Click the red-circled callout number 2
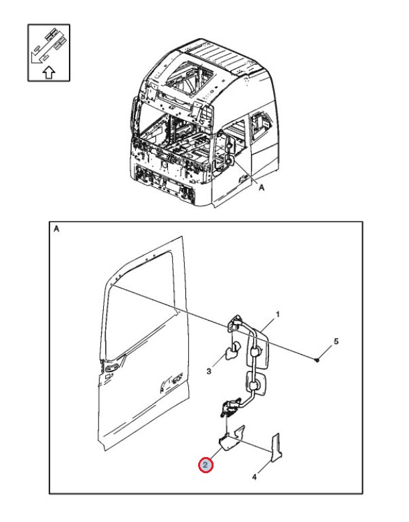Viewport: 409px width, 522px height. point(205,465)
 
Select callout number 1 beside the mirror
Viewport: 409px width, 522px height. point(277,315)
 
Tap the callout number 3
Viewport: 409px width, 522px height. point(209,371)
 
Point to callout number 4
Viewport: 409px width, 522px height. point(254,477)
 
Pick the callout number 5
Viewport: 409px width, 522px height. point(336,341)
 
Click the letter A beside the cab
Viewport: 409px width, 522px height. point(262,188)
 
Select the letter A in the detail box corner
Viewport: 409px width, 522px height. point(57,229)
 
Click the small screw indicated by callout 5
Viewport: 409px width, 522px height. point(317,359)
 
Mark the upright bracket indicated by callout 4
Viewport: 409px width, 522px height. point(276,448)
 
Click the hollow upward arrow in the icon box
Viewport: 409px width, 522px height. point(49,72)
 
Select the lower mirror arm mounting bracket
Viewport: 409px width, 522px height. point(230,406)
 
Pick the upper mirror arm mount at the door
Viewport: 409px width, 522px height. point(236,324)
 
